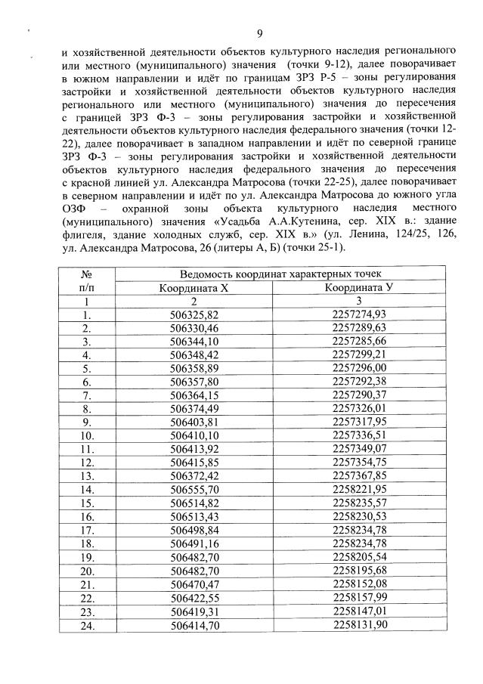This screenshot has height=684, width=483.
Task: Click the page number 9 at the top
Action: point(259,33)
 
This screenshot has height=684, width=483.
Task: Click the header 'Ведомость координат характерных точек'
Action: point(280,274)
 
